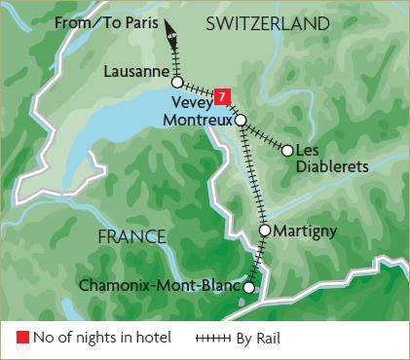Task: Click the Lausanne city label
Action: (x=136, y=70)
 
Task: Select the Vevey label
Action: (x=191, y=99)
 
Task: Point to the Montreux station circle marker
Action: (x=241, y=120)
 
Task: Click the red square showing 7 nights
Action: (x=224, y=96)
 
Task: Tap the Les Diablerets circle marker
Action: (x=286, y=150)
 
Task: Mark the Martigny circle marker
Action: (x=264, y=231)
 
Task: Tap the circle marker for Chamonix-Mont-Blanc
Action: (x=248, y=288)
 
